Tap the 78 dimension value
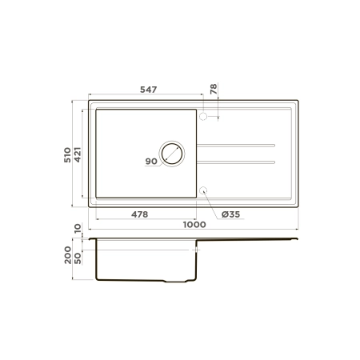(214, 90)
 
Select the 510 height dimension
(68, 154)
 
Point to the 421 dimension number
(78, 154)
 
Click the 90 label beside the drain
(150, 162)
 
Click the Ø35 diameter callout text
(230, 214)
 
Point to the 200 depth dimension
(68, 257)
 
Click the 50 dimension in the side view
(78, 258)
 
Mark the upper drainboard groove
(236, 146)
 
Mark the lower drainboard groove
(236, 162)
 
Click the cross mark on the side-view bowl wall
(194, 250)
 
